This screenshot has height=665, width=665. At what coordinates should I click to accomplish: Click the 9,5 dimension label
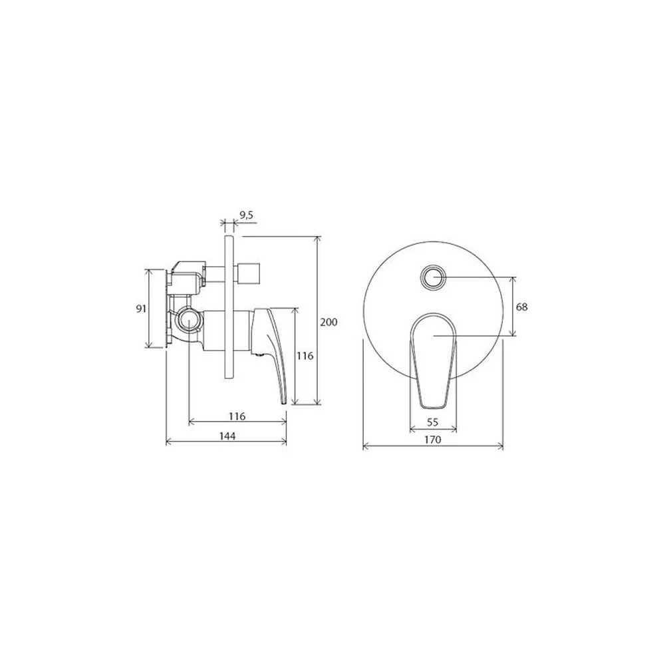[246, 215]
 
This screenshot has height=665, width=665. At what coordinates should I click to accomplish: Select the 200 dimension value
[329, 323]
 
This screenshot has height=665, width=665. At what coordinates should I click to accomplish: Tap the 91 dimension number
[141, 309]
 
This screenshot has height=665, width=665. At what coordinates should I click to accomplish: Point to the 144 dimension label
[227, 436]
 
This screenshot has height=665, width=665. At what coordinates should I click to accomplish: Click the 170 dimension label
[433, 440]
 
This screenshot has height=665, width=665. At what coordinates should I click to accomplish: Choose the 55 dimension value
[433, 422]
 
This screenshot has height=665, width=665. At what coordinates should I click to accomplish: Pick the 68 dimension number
[521, 306]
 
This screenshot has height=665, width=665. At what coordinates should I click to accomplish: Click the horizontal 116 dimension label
[237, 416]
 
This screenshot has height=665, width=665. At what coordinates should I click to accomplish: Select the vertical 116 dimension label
[305, 356]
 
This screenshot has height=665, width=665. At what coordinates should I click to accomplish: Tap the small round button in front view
[433, 278]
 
